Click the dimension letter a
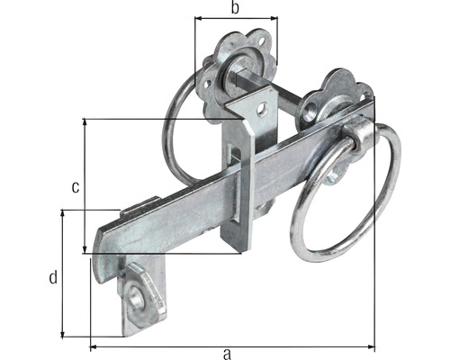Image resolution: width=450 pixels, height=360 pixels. [228, 354]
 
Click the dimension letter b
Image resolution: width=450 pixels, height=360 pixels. [235, 9]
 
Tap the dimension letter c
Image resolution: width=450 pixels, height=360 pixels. [76, 186]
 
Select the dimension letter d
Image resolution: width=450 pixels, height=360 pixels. [52, 277]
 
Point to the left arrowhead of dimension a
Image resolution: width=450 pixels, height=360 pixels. [93, 346]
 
